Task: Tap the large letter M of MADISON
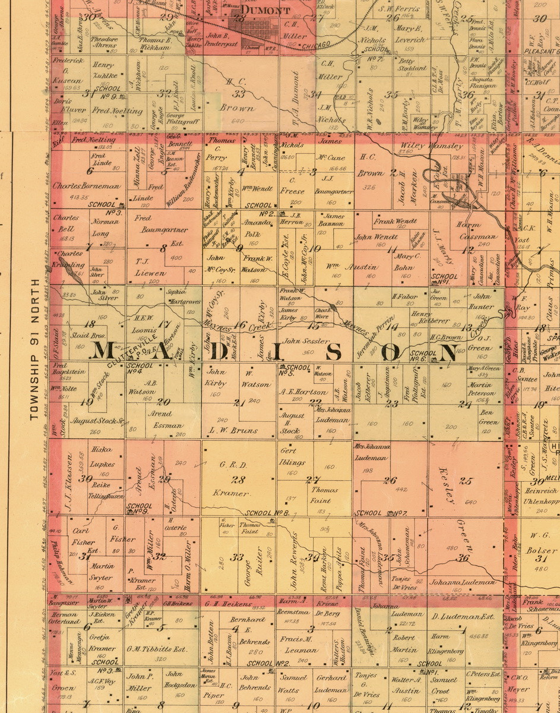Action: pos(106,351)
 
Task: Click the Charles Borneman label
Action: pos(87,186)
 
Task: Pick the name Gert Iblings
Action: pos(292,456)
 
